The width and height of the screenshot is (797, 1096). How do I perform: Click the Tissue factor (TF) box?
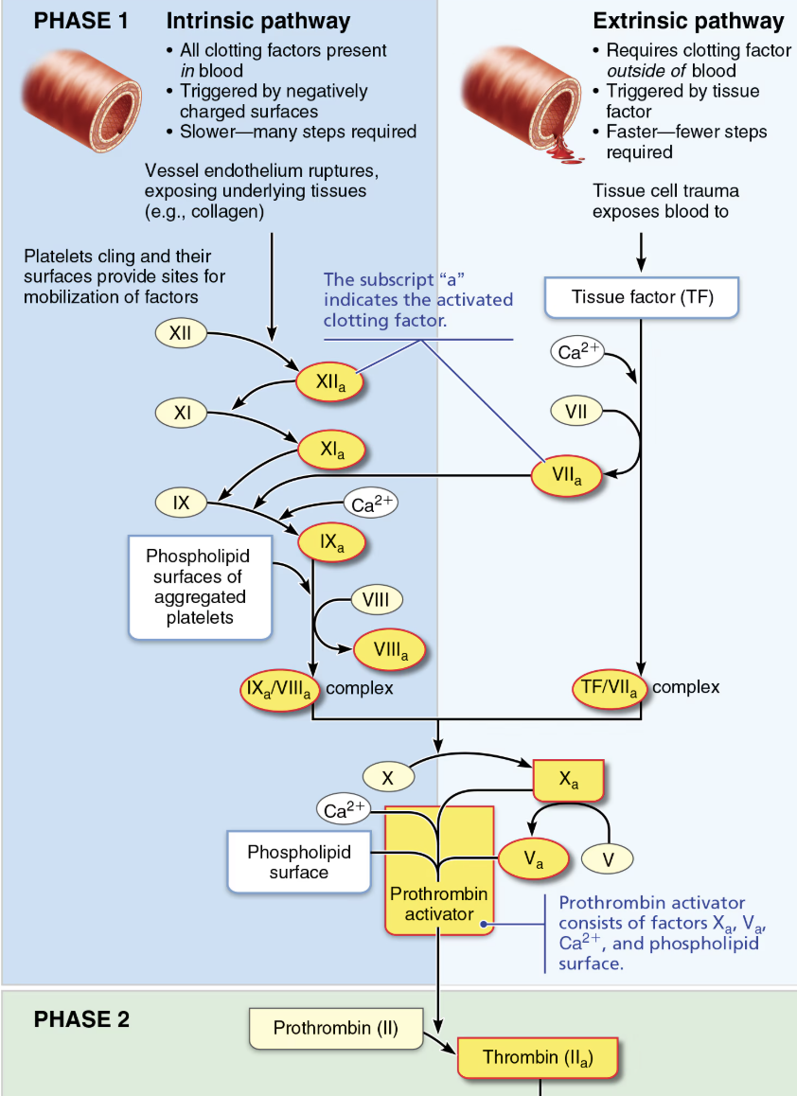[x=642, y=297]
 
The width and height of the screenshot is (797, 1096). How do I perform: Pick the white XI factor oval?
[x=182, y=413]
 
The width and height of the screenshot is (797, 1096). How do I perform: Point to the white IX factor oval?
[x=181, y=503]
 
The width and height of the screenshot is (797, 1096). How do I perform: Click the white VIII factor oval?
[x=377, y=599]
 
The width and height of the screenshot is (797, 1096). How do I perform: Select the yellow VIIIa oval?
[x=390, y=651]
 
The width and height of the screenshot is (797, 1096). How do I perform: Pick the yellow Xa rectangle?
[x=568, y=781]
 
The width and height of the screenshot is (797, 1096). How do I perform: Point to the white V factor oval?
[x=606, y=859]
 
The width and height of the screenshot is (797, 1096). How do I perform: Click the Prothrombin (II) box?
[x=335, y=1028]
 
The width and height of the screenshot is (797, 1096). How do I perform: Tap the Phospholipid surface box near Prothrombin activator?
[x=299, y=861]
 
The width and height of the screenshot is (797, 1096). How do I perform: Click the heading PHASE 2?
[x=81, y=1019]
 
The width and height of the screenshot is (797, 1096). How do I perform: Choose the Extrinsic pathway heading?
[x=688, y=21]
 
